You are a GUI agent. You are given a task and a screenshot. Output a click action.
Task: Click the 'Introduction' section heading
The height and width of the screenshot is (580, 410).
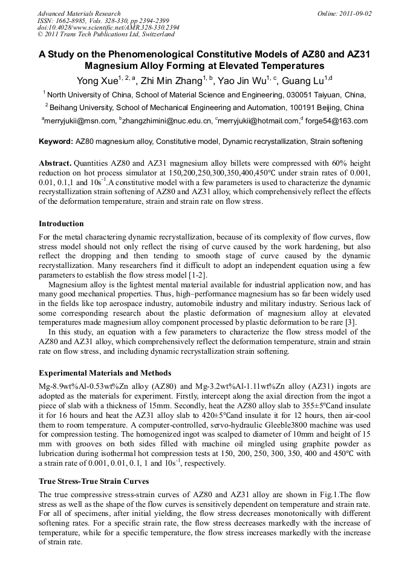coord(61,224)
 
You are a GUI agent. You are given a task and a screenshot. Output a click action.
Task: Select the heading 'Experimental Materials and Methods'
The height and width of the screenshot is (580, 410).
coord(105,373)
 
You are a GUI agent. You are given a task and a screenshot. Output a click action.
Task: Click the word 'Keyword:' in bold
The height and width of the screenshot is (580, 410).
coord(56,142)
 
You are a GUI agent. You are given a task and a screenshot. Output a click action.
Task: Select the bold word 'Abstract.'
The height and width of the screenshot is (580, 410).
coord(56,164)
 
